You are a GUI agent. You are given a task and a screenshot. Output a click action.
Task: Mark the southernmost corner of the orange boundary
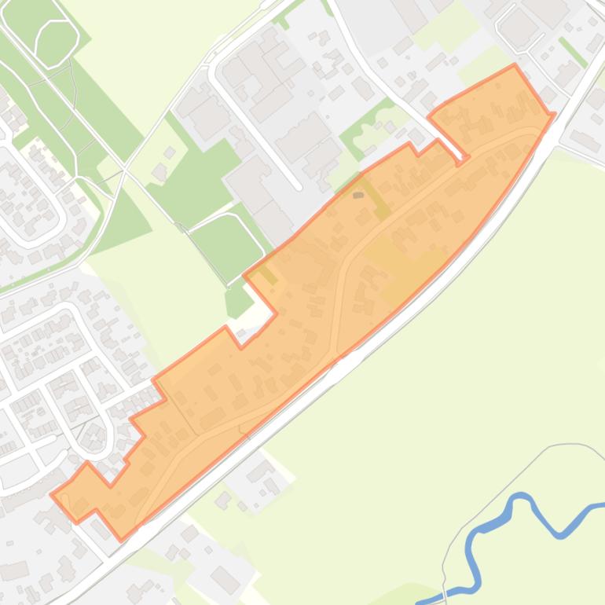click(x=120, y=540)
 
